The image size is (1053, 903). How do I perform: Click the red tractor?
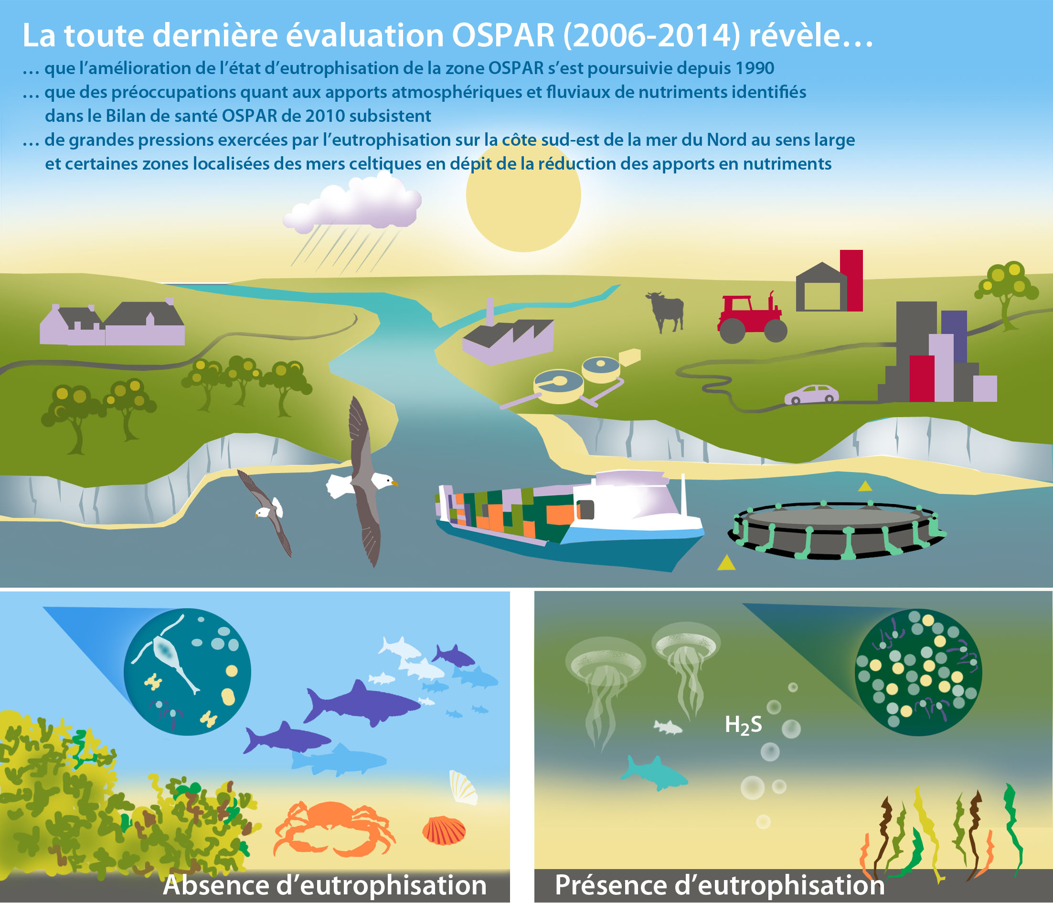coord(751,318)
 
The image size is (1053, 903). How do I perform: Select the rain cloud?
coord(351,204)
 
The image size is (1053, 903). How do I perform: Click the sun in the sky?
coord(523,196)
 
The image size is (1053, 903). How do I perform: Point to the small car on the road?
coord(811,395)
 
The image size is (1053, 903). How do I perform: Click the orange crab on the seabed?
coord(333,829)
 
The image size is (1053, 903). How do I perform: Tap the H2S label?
coord(743,724)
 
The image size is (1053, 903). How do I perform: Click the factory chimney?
coord(490,311)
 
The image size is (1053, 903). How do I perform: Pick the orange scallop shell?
coord(444,830)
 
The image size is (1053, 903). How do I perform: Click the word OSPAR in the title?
coord(503,35)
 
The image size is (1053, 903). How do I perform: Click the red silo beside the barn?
coord(851,280)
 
